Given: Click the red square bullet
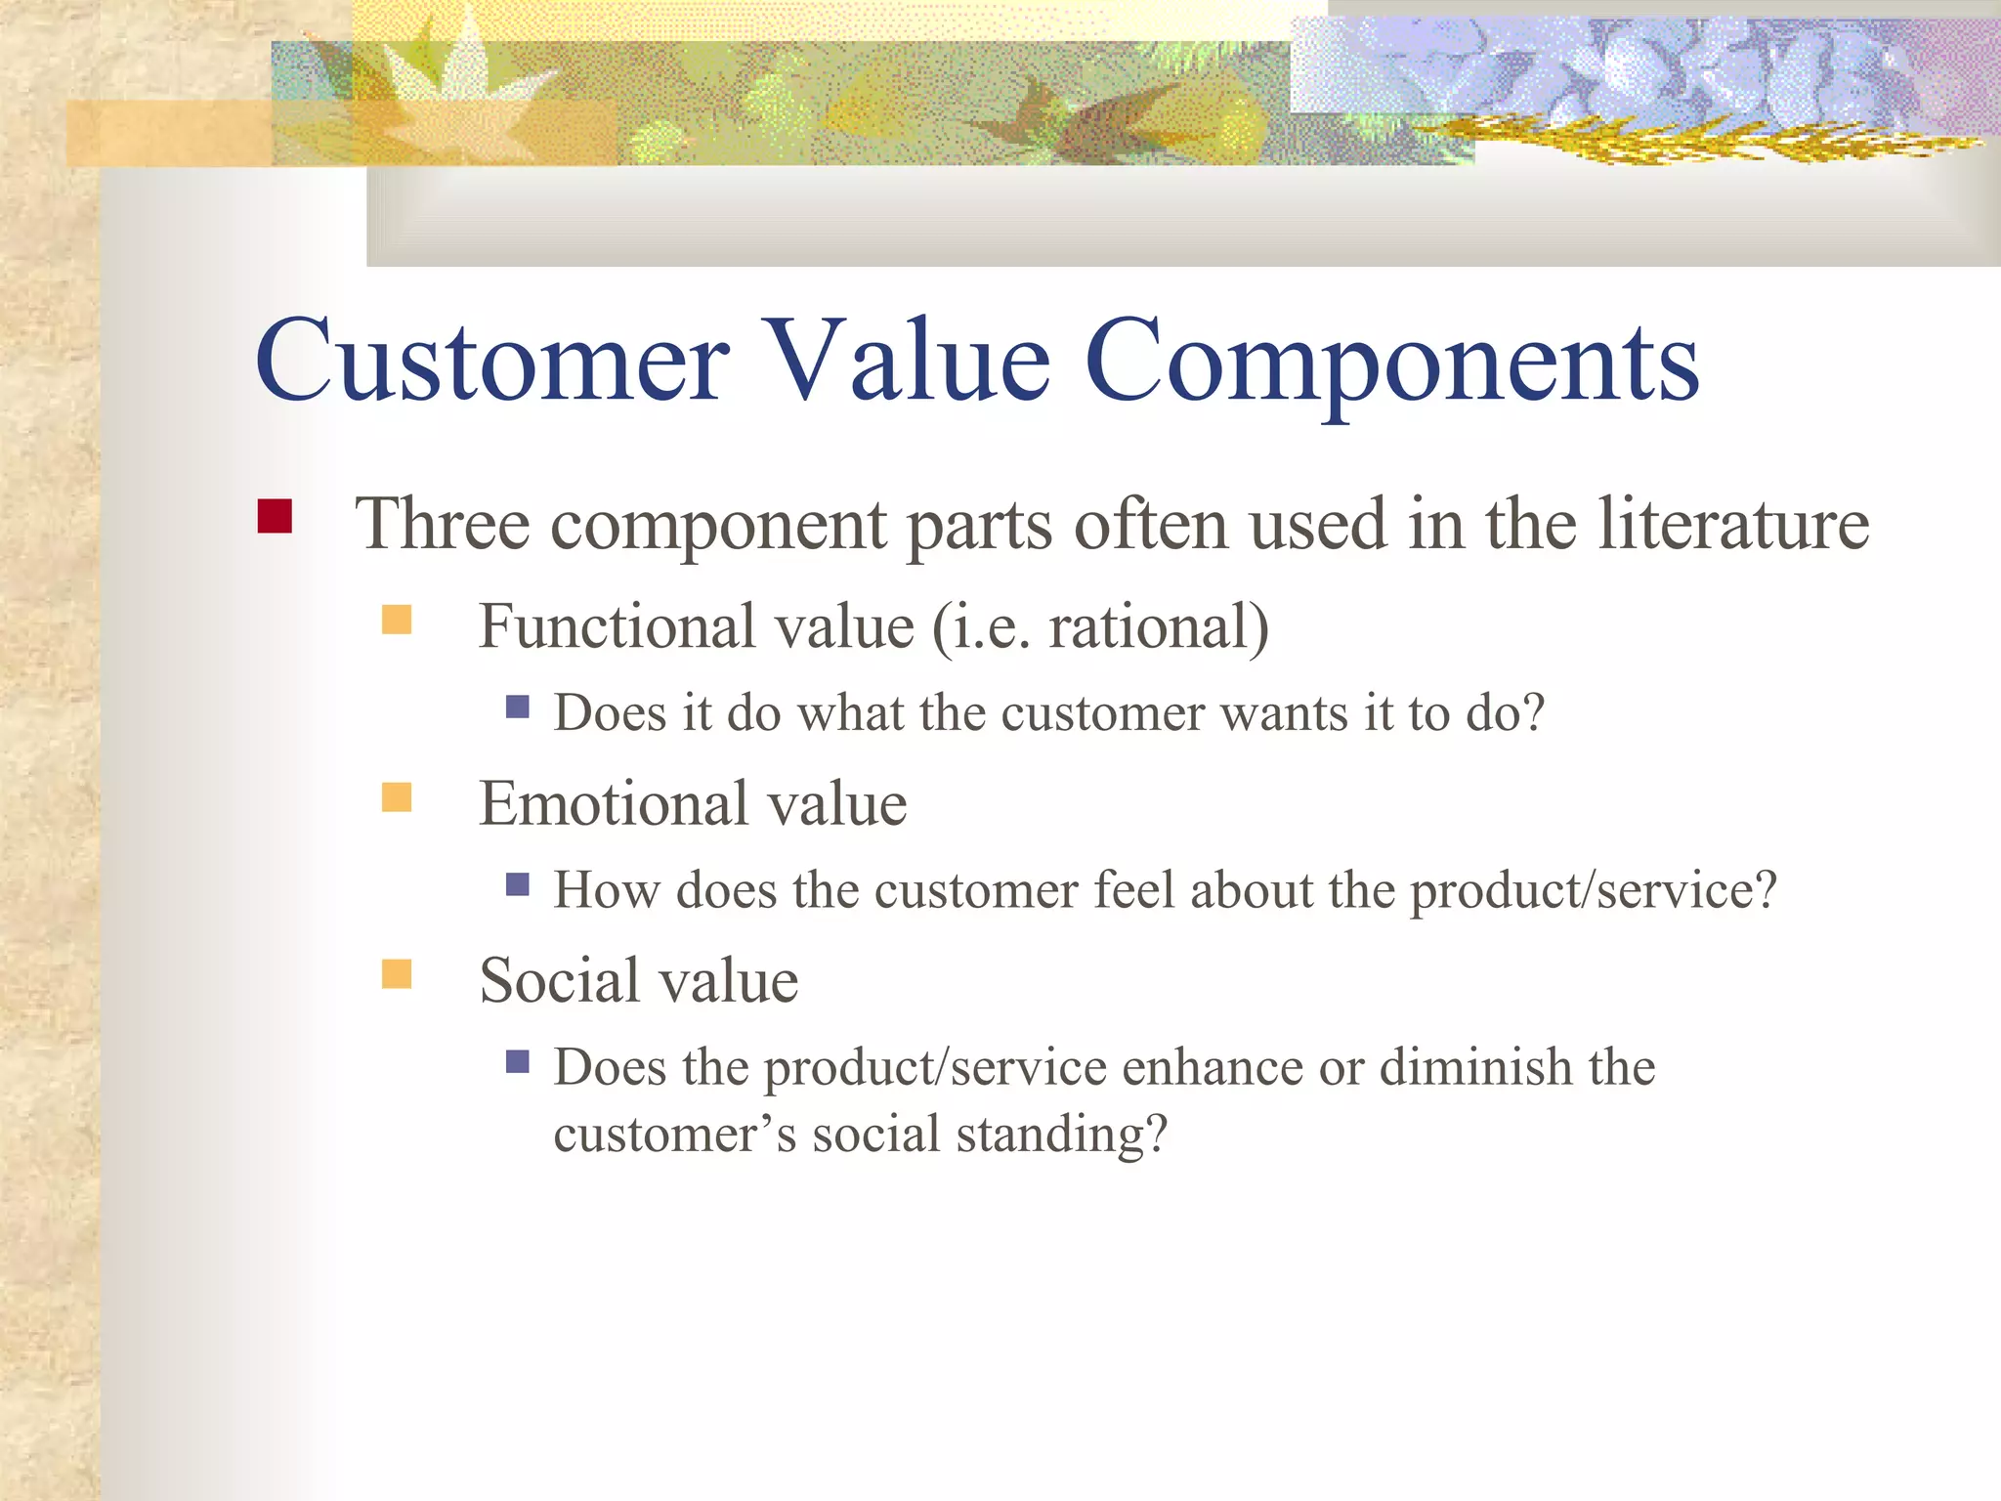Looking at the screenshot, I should tap(275, 516).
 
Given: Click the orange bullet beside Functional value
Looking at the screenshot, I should tap(396, 620).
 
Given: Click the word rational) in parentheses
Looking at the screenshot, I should tap(1159, 627).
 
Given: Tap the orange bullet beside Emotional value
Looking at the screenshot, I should tap(396, 797).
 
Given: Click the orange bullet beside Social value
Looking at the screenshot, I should tap(396, 974).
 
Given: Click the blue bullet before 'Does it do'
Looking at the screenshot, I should tap(517, 706).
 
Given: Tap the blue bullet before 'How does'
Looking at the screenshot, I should tap(517, 884).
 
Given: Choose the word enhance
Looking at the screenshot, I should tap(1212, 1067).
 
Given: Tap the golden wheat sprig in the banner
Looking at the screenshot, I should tap(1700, 142).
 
